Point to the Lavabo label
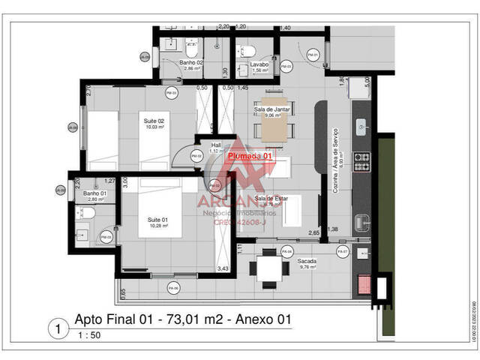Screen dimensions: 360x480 (x=260, y=65)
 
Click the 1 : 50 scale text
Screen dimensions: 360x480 (x=88, y=335)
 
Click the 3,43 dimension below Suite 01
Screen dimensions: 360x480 (x=223, y=268)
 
